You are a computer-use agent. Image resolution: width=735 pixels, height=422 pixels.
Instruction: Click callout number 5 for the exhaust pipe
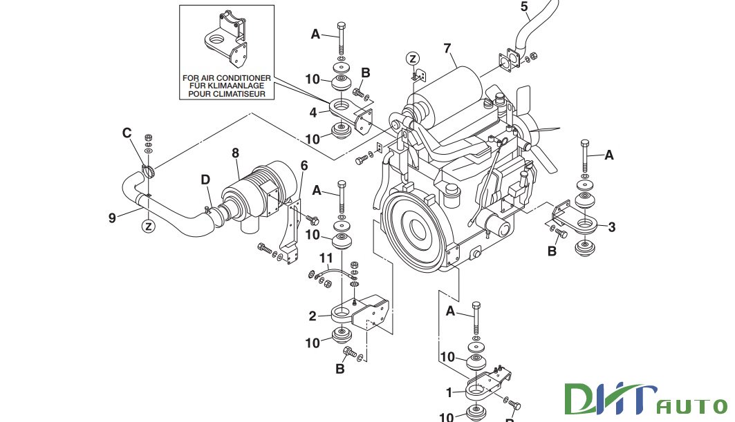click(523, 8)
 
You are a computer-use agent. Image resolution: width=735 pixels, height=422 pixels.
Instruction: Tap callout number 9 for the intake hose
click(112, 218)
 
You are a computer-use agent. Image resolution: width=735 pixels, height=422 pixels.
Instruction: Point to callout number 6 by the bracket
click(304, 165)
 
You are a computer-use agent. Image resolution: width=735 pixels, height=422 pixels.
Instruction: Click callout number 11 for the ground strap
click(326, 259)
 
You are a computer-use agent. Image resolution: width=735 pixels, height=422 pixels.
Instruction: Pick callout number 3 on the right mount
click(611, 226)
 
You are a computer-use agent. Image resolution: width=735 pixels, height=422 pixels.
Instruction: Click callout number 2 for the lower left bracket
click(313, 316)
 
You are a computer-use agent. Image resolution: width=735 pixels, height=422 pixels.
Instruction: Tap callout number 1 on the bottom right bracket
click(449, 392)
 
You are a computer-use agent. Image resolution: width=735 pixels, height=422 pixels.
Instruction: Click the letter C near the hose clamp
click(127, 132)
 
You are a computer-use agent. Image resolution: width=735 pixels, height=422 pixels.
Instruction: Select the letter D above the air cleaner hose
click(205, 180)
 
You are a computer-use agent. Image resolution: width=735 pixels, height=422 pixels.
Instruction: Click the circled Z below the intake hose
click(148, 225)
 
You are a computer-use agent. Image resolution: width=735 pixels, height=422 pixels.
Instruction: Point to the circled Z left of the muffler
click(412, 58)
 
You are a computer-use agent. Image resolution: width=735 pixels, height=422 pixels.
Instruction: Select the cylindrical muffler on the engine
click(449, 90)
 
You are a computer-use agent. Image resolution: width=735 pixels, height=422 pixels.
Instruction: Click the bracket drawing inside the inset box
click(224, 39)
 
